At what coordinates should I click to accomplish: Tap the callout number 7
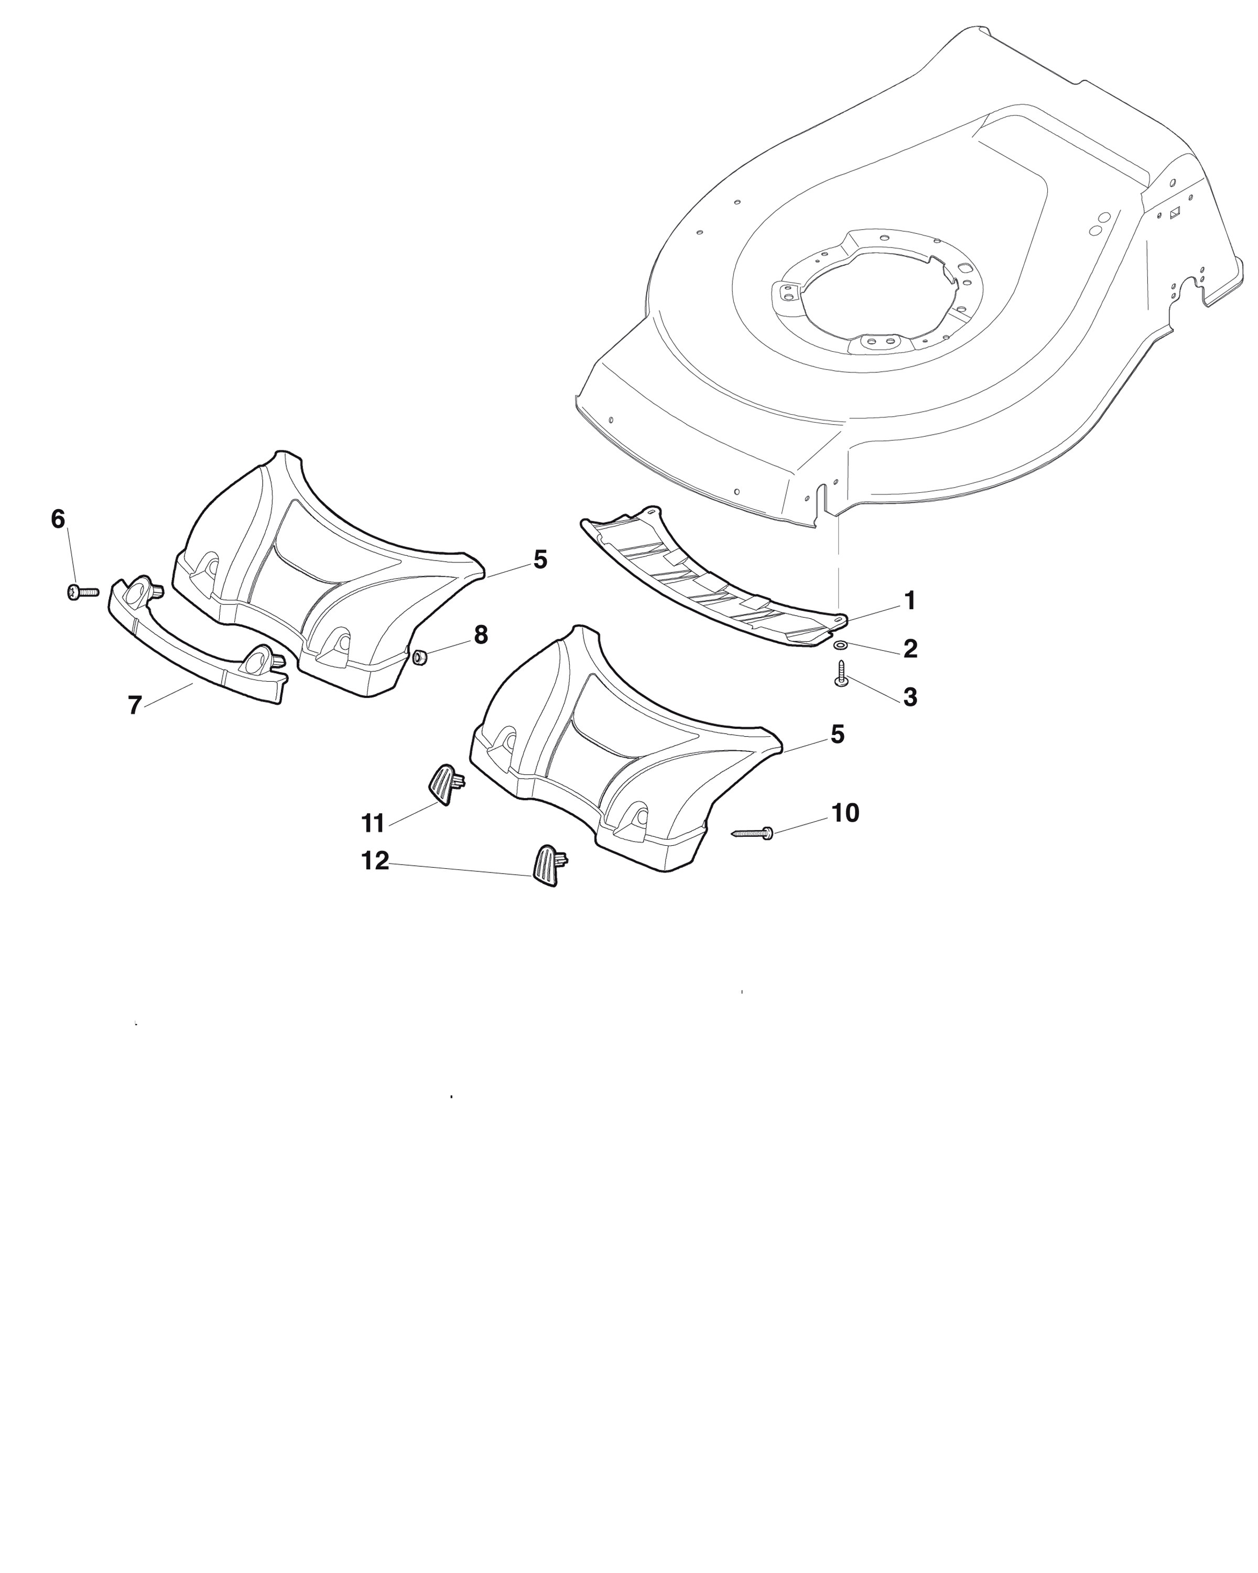(x=134, y=706)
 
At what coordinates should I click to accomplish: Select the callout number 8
(x=481, y=635)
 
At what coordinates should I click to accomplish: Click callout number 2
(x=910, y=649)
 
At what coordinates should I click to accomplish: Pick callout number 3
(x=910, y=697)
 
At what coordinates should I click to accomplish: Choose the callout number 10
(x=845, y=813)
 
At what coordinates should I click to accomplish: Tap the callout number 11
(x=373, y=824)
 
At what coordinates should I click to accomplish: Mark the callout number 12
(x=376, y=861)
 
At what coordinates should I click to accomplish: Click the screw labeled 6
(x=82, y=592)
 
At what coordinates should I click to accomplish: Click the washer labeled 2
(x=840, y=645)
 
